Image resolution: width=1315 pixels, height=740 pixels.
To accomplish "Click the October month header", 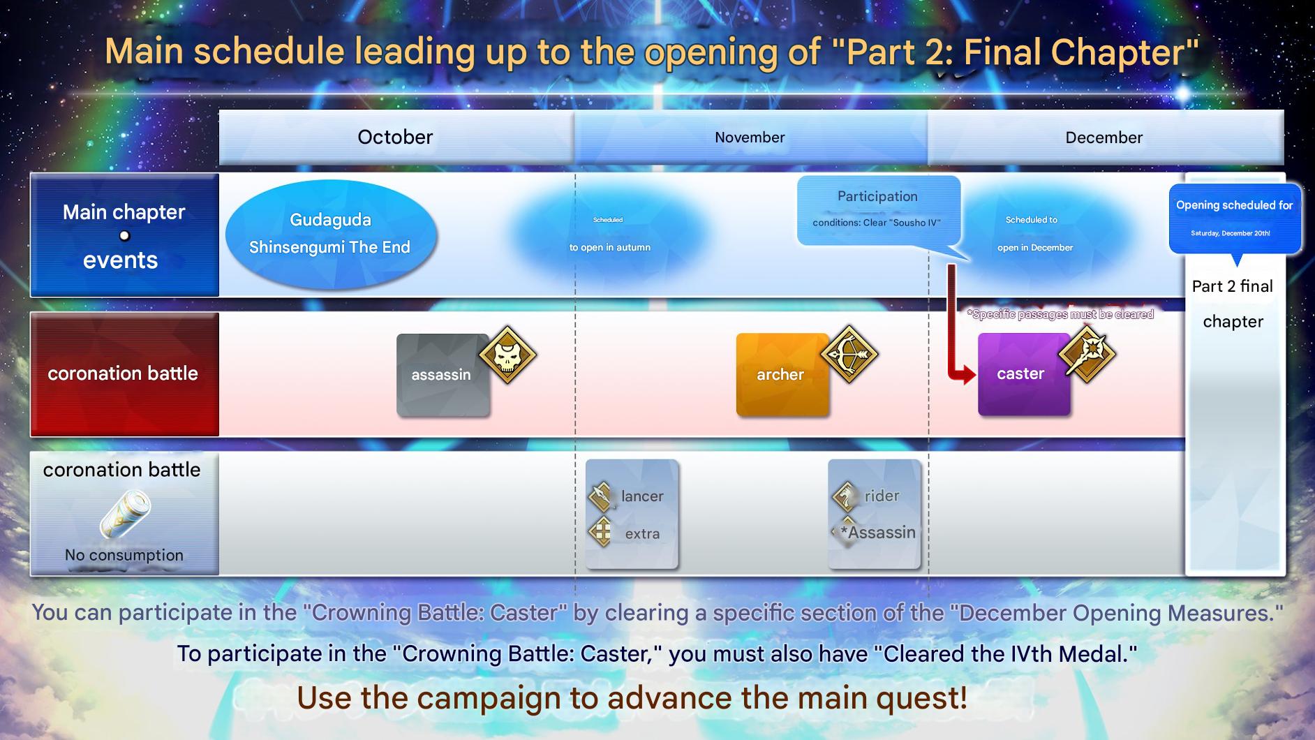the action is coord(396,137).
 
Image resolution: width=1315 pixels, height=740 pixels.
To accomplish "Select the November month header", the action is coord(750,137).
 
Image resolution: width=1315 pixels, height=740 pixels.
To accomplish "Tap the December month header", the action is coord(1105,137).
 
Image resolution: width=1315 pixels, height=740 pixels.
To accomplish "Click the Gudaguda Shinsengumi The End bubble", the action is coord(331,234).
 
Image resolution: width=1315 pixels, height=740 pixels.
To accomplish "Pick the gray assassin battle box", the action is coord(443,375).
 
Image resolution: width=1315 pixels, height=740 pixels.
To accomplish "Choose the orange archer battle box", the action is coord(782,375).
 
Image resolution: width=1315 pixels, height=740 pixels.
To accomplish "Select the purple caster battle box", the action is coord(1024,375).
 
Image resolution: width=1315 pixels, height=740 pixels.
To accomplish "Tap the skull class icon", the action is coord(507,355).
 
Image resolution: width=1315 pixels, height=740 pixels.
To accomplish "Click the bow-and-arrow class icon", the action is coord(849,354).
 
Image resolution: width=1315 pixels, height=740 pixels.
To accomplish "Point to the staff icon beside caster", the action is coord(1087,354).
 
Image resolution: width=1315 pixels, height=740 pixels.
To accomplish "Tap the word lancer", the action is coord(642,496).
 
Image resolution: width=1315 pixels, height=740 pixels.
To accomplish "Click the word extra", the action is coord(642,534).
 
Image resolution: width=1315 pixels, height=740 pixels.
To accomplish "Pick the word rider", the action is coord(882,496).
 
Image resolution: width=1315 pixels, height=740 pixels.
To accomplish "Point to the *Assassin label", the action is coord(878,533).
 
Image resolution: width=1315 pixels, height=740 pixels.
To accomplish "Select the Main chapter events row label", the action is coord(124,235).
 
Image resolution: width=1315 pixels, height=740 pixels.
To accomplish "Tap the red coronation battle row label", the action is coord(124,374).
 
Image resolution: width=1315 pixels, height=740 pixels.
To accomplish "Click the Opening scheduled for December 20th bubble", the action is coord(1235,219).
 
